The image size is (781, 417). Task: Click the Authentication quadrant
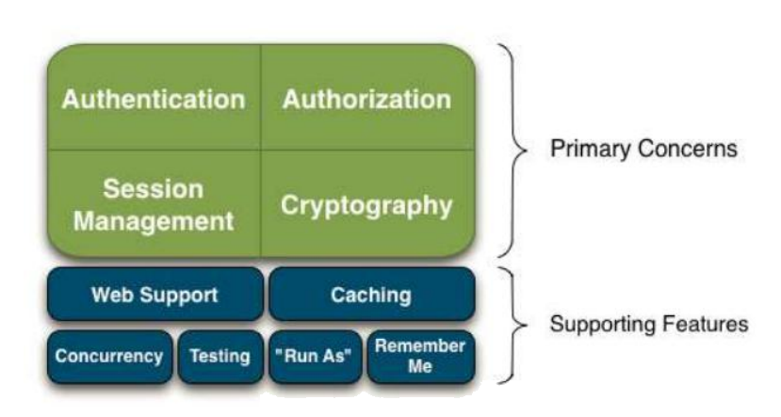154,98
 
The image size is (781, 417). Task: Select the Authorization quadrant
367,98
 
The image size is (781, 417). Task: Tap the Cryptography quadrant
367,204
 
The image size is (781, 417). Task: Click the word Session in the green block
154,189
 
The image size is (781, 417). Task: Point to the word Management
154,221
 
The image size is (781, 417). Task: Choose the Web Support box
155,294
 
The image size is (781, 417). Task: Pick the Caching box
372,294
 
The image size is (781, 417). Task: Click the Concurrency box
109,357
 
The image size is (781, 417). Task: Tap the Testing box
220,357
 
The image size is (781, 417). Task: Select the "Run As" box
316,357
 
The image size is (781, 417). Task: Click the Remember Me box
421,357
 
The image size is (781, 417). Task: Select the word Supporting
595,325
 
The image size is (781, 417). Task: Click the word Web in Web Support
111,295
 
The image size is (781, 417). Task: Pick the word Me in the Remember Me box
420,367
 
